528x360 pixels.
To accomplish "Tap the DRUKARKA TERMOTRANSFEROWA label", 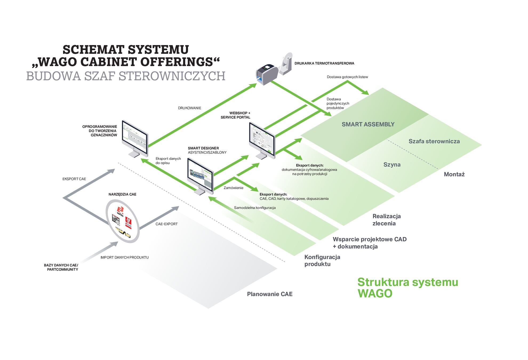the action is click(x=324, y=63).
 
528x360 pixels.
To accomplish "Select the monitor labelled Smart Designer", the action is click(x=201, y=176).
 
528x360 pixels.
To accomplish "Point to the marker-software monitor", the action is click(x=135, y=139).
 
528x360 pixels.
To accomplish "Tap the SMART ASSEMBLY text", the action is click(x=368, y=124).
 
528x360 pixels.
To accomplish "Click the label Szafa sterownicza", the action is click(x=434, y=141).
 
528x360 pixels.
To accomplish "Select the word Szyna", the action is click(x=392, y=165).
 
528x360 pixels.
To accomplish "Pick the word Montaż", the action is click(x=454, y=174).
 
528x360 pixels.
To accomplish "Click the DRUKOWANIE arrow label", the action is click(x=190, y=108).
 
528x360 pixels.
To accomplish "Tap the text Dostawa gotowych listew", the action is click(x=347, y=77).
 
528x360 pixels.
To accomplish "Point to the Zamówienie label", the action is click(x=233, y=188).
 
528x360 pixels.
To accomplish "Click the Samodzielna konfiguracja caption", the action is click(x=255, y=208).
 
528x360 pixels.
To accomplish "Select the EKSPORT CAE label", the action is click(x=74, y=179).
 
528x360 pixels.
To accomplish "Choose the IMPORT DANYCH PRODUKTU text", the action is click(x=125, y=257).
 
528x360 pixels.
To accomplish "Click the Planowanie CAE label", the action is click(x=270, y=294).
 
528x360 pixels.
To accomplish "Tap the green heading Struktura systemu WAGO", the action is click(x=408, y=288).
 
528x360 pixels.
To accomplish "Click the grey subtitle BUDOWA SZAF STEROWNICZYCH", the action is click(x=126, y=76).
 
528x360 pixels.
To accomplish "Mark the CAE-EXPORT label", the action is click(x=166, y=224).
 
